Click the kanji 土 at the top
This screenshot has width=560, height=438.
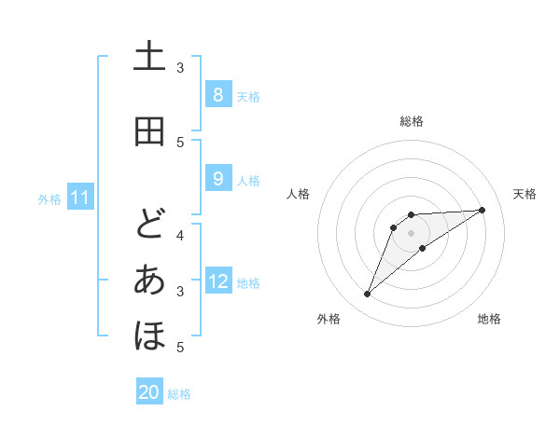click(149, 59)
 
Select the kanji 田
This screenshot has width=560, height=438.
click(149, 131)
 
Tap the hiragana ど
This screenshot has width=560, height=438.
click(149, 224)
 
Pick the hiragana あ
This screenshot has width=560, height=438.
click(149, 281)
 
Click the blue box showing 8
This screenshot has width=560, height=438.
click(217, 94)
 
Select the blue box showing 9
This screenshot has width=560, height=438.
click(217, 179)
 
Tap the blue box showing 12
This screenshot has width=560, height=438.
click(218, 281)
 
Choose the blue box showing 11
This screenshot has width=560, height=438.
click(80, 198)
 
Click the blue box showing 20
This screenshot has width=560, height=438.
click(149, 392)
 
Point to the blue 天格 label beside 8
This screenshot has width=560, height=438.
click(248, 96)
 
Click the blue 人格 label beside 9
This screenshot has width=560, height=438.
click(248, 180)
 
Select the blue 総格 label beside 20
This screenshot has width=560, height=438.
click(179, 394)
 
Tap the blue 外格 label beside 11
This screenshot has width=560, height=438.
click(49, 198)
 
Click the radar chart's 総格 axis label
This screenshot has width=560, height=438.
click(412, 121)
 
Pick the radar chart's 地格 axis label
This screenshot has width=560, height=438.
click(489, 320)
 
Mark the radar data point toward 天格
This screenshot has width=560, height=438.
click(482, 210)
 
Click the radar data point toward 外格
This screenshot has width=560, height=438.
click(367, 294)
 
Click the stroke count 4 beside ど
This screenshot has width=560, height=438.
click(180, 234)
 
